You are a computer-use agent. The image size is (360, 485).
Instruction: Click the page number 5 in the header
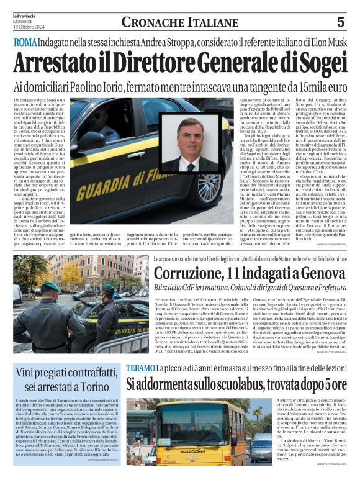coord(341,22)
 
